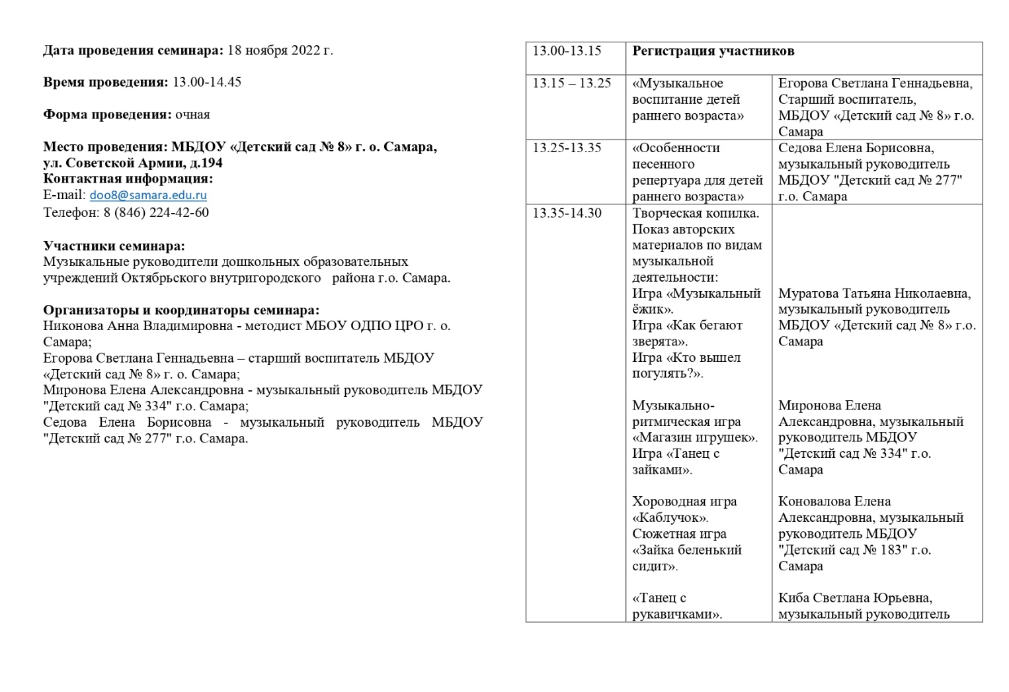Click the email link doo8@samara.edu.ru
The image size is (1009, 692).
coord(148,195)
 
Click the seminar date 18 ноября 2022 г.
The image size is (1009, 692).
coord(280,50)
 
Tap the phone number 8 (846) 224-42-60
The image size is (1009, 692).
coord(156,212)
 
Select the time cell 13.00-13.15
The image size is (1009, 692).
coord(567,51)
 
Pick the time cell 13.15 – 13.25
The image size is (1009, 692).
coord(572,83)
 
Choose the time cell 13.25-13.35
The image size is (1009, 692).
coord(567,148)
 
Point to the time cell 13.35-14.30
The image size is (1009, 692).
coord(567,213)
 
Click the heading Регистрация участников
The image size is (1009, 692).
coord(713,51)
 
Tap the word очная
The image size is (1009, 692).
coord(192,114)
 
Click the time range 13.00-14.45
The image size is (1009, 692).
coord(207,82)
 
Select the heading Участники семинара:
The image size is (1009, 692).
coord(114,246)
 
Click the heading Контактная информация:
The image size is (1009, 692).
coord(128,179)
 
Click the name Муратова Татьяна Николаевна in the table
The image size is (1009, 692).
coord(874,294)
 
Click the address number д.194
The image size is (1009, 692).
coord(206,163)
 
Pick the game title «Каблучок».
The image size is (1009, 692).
coord(670,518)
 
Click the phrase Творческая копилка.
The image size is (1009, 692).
coord(696,213)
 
